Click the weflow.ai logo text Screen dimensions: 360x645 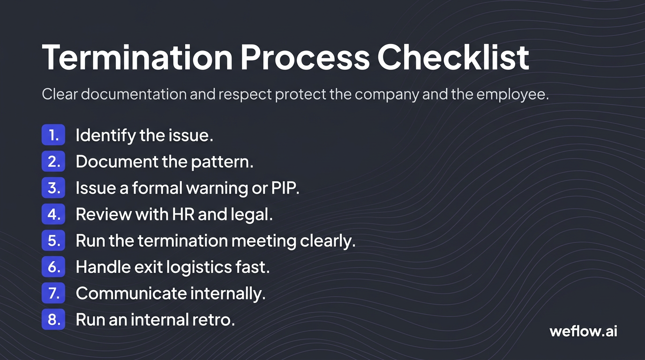[583, 331]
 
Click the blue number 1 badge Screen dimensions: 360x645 [53, 135]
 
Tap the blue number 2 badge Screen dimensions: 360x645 [53, 162]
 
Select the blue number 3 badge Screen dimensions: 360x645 [53, 188]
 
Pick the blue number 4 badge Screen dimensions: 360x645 [53, 214]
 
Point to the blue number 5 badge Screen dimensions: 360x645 [53, 240]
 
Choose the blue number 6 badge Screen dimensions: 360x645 [53, 267]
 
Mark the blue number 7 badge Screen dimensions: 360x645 [53, 293]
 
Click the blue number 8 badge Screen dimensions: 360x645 [53, 320]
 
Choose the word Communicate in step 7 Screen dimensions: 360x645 [124, 293]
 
